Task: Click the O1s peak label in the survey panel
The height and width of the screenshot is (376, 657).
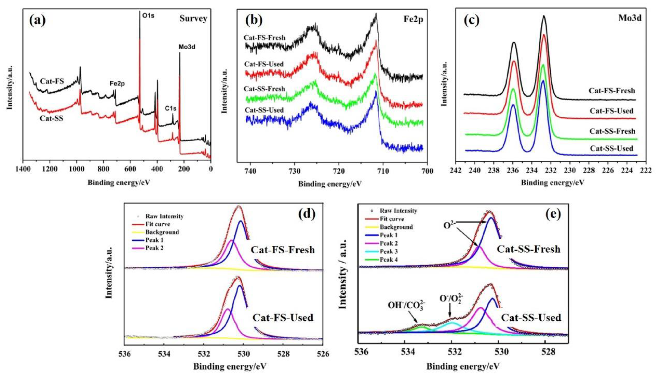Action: tap(148, 16)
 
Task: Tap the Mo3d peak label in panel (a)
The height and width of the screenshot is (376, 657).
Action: tap(187, 47)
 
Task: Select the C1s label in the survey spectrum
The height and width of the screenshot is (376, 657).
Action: tap(171, 109)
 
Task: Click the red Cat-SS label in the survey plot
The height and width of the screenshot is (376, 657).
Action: tap(51, 119)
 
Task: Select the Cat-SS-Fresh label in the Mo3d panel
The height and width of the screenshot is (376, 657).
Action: tap(612, 131)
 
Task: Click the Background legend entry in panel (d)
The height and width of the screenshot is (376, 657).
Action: tap(162, 232)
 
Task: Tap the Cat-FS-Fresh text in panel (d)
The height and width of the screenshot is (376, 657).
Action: tap(283, 250)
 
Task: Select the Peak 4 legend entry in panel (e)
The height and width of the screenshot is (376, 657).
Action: tap(389, 259)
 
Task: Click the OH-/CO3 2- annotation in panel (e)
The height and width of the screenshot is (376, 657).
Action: tap(406, 306)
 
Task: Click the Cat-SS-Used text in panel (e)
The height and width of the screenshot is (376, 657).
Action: tap(531, 317)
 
